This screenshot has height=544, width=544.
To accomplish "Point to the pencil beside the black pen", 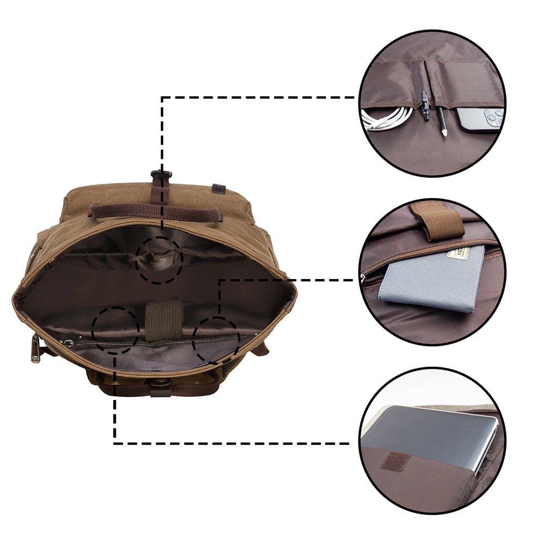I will [442, 122].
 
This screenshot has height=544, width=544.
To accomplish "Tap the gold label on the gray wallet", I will [459, 254].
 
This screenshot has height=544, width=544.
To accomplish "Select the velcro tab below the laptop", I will [394, 460].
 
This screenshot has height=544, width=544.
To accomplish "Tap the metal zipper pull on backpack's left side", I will [36, 349].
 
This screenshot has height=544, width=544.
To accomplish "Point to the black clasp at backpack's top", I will [161, 175].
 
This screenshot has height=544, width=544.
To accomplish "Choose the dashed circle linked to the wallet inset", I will [217, 340].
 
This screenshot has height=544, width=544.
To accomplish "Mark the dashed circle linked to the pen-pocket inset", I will [159, 260].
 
